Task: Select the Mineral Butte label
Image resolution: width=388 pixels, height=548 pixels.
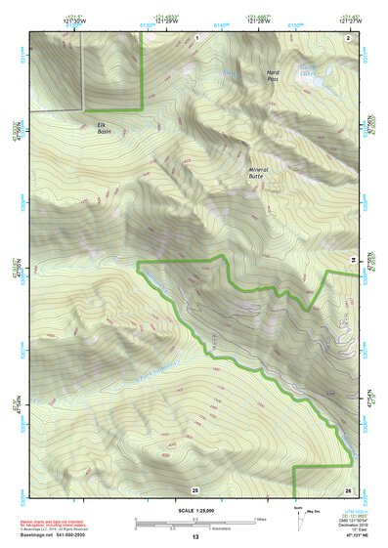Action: click(258, 174)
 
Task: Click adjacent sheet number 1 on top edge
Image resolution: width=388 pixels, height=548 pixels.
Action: click(196, 36)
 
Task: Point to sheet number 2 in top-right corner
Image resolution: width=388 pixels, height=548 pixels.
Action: click(348, 36)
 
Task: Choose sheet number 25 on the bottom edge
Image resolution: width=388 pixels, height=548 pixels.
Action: click(194, 488)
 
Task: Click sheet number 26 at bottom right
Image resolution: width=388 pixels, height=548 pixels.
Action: click(348, 488)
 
